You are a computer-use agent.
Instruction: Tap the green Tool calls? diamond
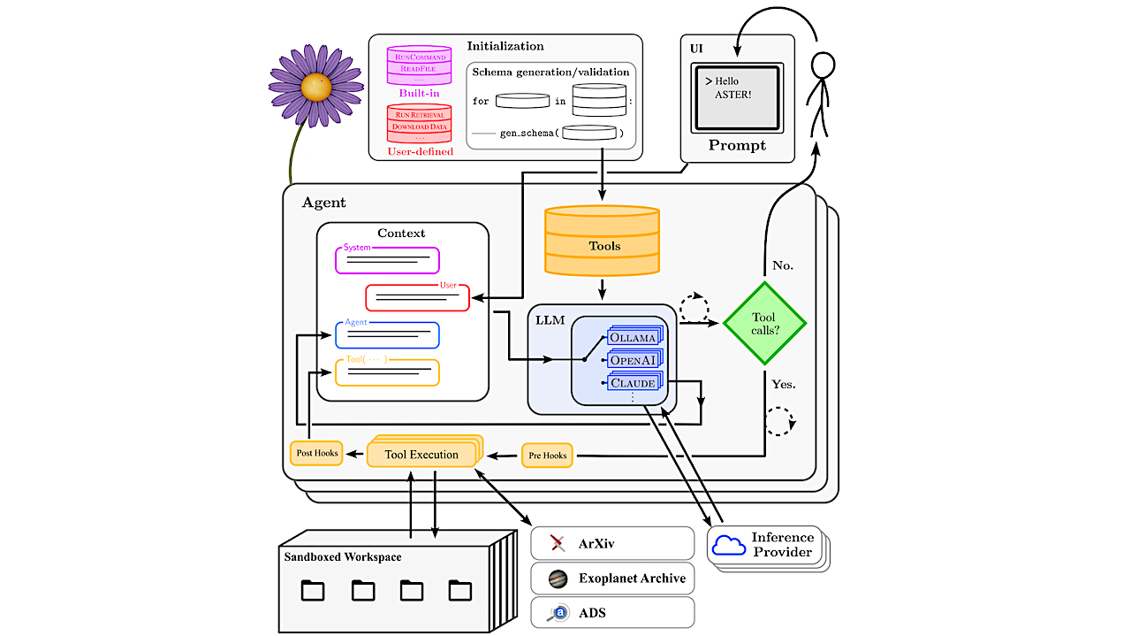tap(764, 324)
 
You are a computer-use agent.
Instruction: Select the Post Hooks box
tap(316, 453)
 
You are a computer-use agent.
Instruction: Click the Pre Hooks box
tap(547, 455)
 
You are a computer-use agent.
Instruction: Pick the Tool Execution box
tap(422, 455)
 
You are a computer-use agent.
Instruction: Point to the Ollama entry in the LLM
tap(632, 338)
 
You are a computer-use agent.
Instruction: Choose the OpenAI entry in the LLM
tap(632, 361)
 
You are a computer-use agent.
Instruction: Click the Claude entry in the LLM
tap(632, 383)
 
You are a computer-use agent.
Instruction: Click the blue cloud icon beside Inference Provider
tap(729, 546)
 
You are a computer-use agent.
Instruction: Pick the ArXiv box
tap(612, 542)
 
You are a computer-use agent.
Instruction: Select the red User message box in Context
tap(417, 298)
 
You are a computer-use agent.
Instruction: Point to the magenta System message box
tap(387, 260)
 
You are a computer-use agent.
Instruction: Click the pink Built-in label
tap(419, 93)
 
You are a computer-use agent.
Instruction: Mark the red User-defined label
tap(420, 151)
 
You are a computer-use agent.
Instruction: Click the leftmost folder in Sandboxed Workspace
tap(313, 590)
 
